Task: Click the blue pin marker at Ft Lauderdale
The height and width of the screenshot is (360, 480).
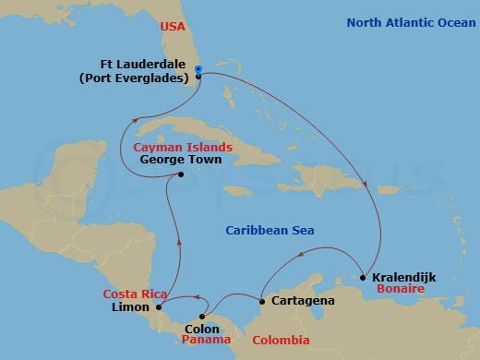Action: tap(199, 69)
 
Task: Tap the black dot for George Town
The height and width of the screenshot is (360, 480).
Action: tap(181, 174)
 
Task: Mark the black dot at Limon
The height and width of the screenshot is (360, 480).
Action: tap(160, 306)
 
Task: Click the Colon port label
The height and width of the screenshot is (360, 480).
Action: tap(202, 327)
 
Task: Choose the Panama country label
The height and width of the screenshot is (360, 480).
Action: tap(205, 340)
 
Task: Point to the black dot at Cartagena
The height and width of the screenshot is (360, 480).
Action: tap(263, 302)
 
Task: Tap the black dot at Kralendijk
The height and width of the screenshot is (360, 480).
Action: tap(364, 276)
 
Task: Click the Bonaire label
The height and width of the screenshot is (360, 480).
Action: tap(399, 289)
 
